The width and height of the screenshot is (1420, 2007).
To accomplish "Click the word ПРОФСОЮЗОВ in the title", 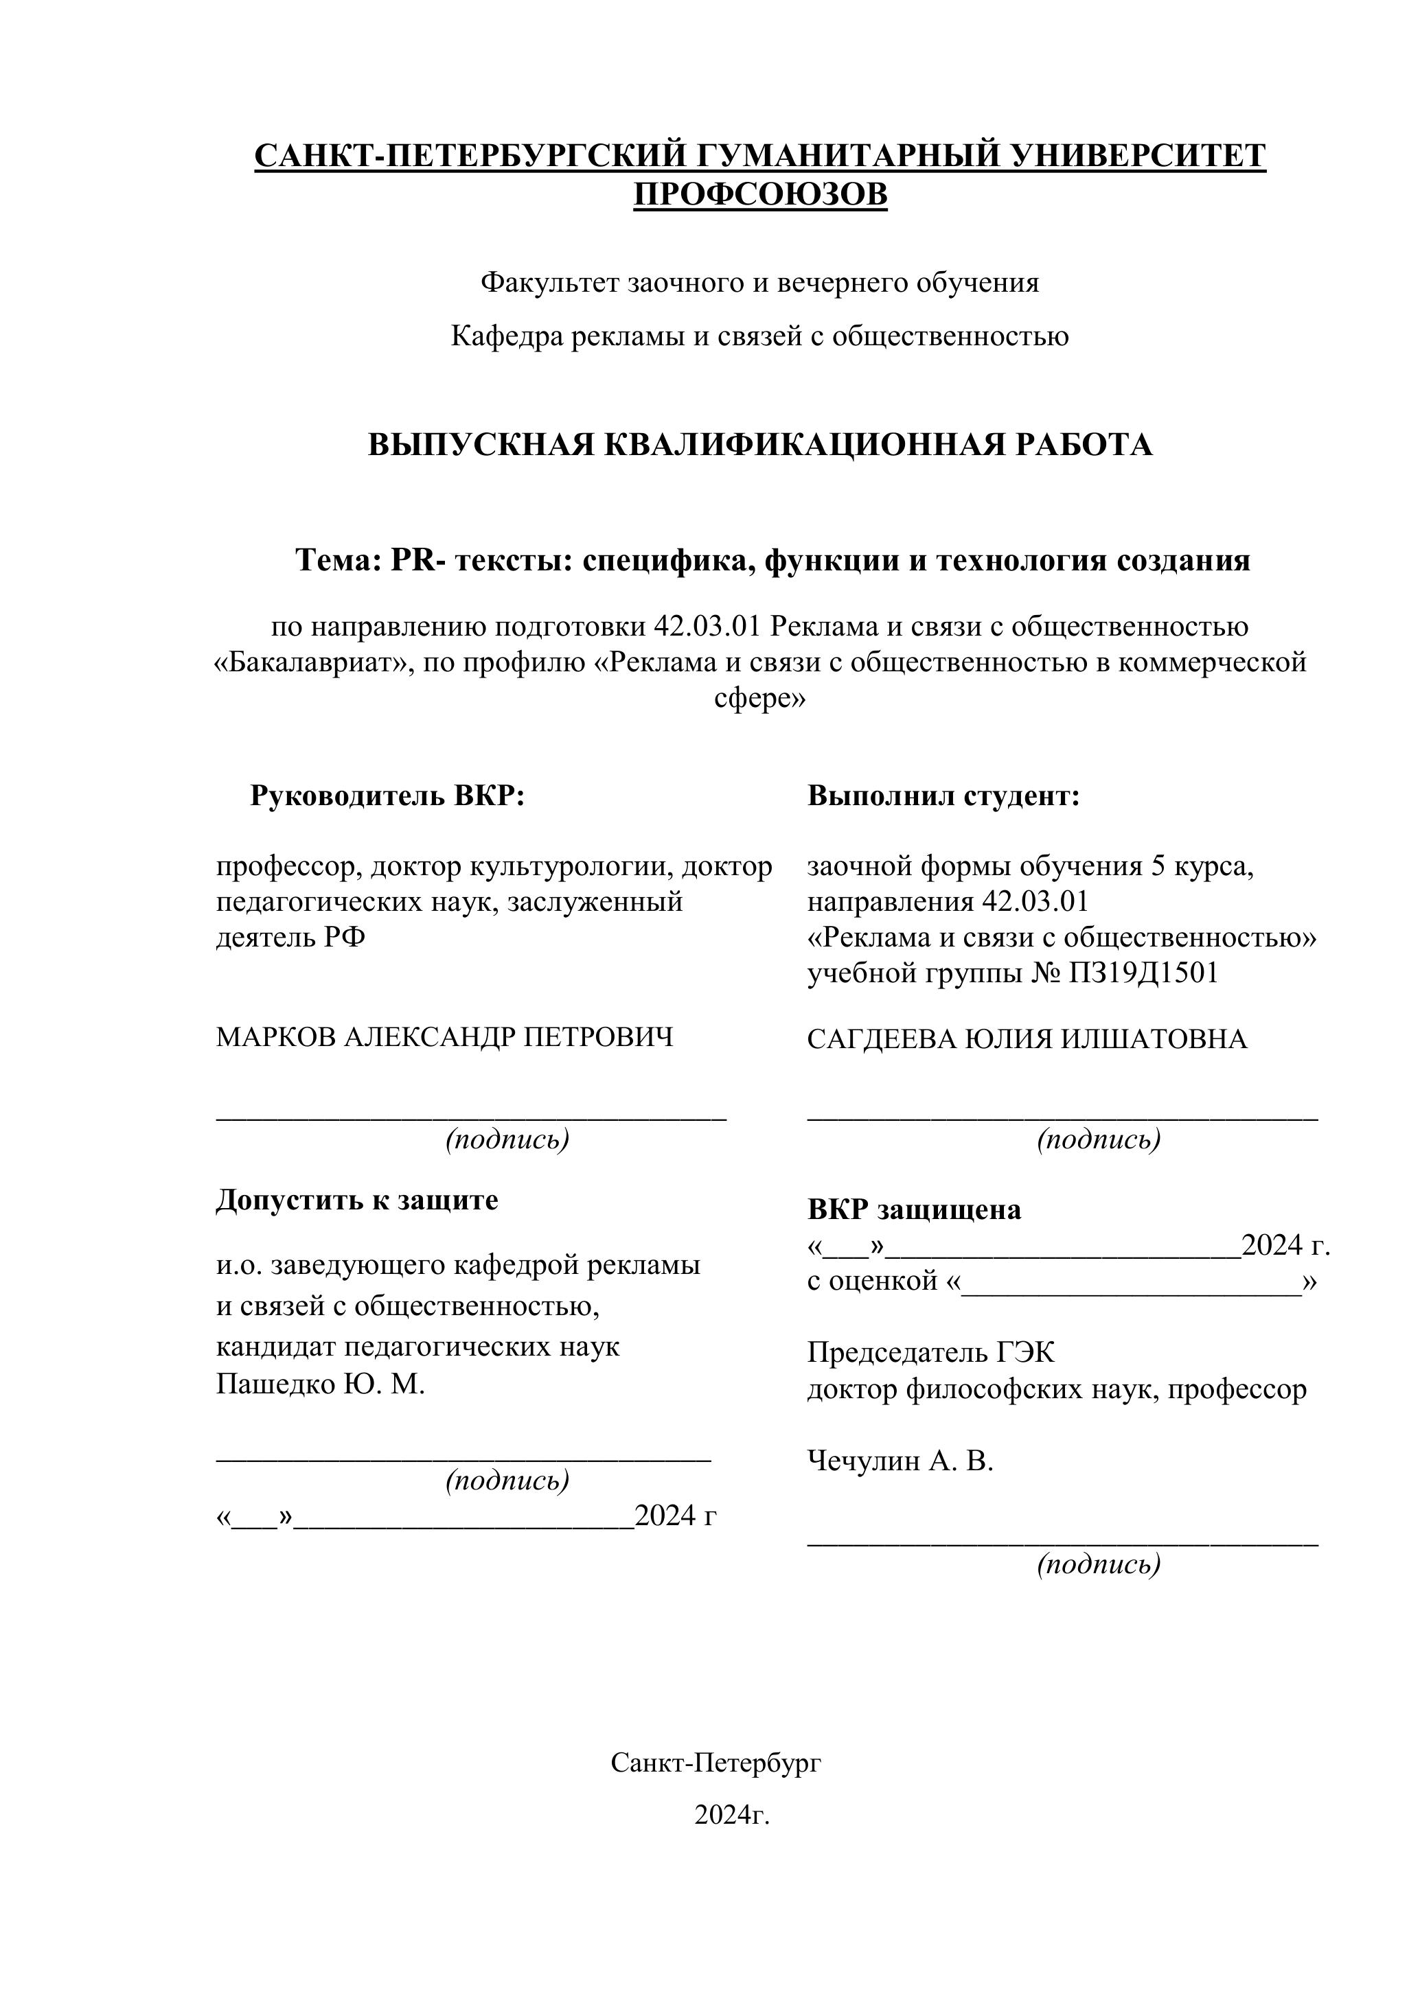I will point(760,194).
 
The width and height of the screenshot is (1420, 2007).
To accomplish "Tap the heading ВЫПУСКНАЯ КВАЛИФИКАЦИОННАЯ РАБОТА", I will point(760,445).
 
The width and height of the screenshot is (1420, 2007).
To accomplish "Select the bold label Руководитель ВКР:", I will point(387,796).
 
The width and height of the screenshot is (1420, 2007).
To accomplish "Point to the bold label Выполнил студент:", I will point(943,796).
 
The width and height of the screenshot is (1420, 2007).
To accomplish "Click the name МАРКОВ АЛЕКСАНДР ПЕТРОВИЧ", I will point(445,1038).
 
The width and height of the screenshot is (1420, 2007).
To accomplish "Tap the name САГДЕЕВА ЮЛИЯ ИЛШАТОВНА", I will point(1027,1039).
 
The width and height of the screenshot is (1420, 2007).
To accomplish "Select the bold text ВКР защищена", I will point(914,1210).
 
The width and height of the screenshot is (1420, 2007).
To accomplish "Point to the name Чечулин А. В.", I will point(900,1461).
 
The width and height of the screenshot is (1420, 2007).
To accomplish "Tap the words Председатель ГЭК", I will point(930,1353).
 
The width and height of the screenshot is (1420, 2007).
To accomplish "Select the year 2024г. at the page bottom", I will point(732,1815).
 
